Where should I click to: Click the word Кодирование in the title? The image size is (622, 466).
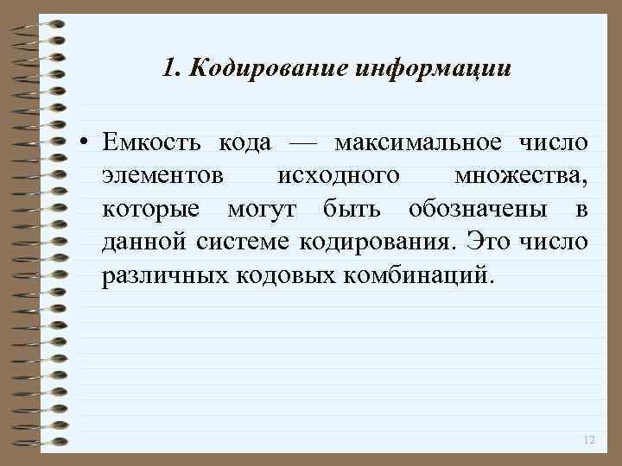269,67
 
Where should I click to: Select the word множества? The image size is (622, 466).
521,175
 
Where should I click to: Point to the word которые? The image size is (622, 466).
151,209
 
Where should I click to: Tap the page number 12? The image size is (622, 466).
589,440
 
